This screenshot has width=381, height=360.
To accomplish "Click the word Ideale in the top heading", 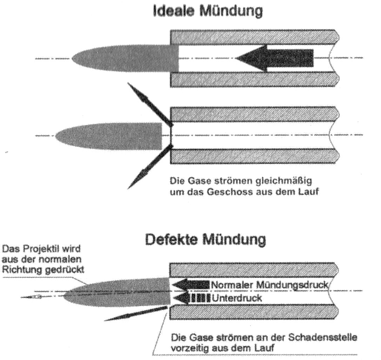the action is pyautogui.click(x=174, y=11).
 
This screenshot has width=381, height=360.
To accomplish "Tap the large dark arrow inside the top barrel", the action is pyautogui.click(x=274, y=58).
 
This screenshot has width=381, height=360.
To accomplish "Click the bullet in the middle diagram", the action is pyautogui.click(x=109, y=136).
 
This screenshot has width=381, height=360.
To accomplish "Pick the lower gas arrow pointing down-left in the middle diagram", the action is pyautogui.click(x=150, y=166).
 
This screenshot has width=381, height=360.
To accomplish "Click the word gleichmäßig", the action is pyautogui.click(x=284, y=182).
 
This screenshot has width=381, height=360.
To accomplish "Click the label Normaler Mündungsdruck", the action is pyautogui.click(x=270, y=285).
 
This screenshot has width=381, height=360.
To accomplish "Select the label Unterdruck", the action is pyautogui.click(x=237, y=298).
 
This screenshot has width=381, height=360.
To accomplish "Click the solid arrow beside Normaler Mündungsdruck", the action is pyautogui.click(x=192, y=285).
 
